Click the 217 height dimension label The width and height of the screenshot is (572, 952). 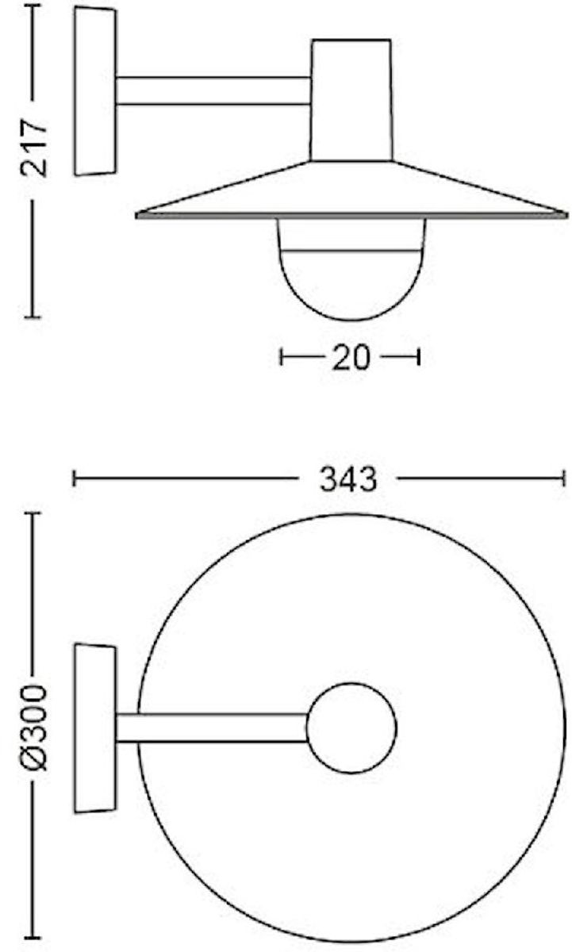[33, 148]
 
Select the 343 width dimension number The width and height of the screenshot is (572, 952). [348, 479]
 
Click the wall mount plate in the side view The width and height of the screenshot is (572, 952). [95, 91]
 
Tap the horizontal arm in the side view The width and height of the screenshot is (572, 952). [213, 90]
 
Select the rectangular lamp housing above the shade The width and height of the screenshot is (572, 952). [351, 100]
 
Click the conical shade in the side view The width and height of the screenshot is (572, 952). [351, 190]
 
